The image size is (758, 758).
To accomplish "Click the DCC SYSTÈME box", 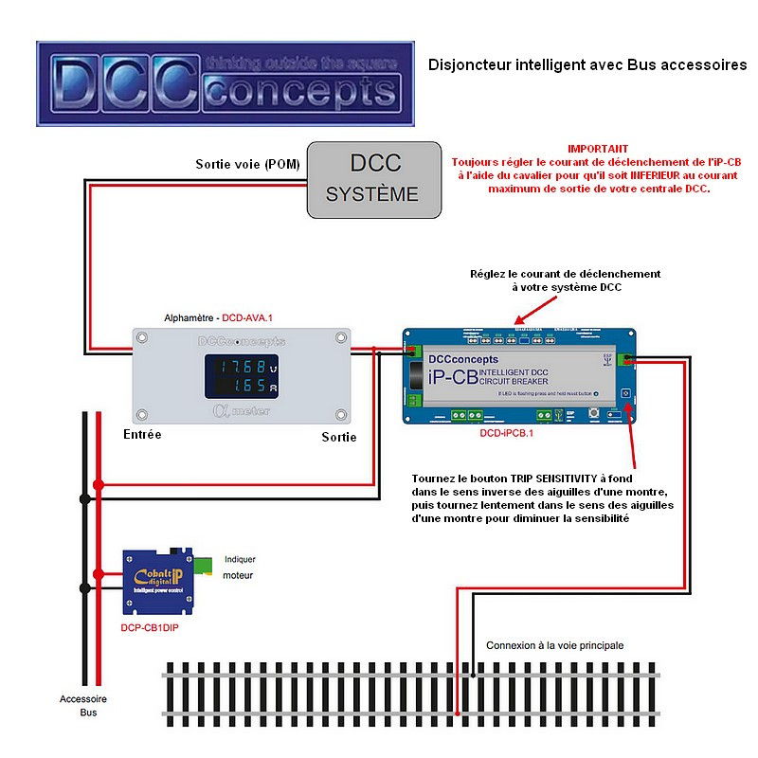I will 374,179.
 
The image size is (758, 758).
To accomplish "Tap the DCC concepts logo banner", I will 226,83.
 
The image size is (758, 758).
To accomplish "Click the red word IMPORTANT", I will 597,149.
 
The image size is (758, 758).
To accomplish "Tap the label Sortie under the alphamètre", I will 338,437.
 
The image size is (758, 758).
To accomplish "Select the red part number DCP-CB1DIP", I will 150,627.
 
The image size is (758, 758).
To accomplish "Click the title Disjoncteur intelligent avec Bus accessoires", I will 587,65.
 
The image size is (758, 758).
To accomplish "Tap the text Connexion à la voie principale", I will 554,645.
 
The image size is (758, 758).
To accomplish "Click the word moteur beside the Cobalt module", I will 238,575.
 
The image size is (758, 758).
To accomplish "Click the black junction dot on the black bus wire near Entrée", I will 85,497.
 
